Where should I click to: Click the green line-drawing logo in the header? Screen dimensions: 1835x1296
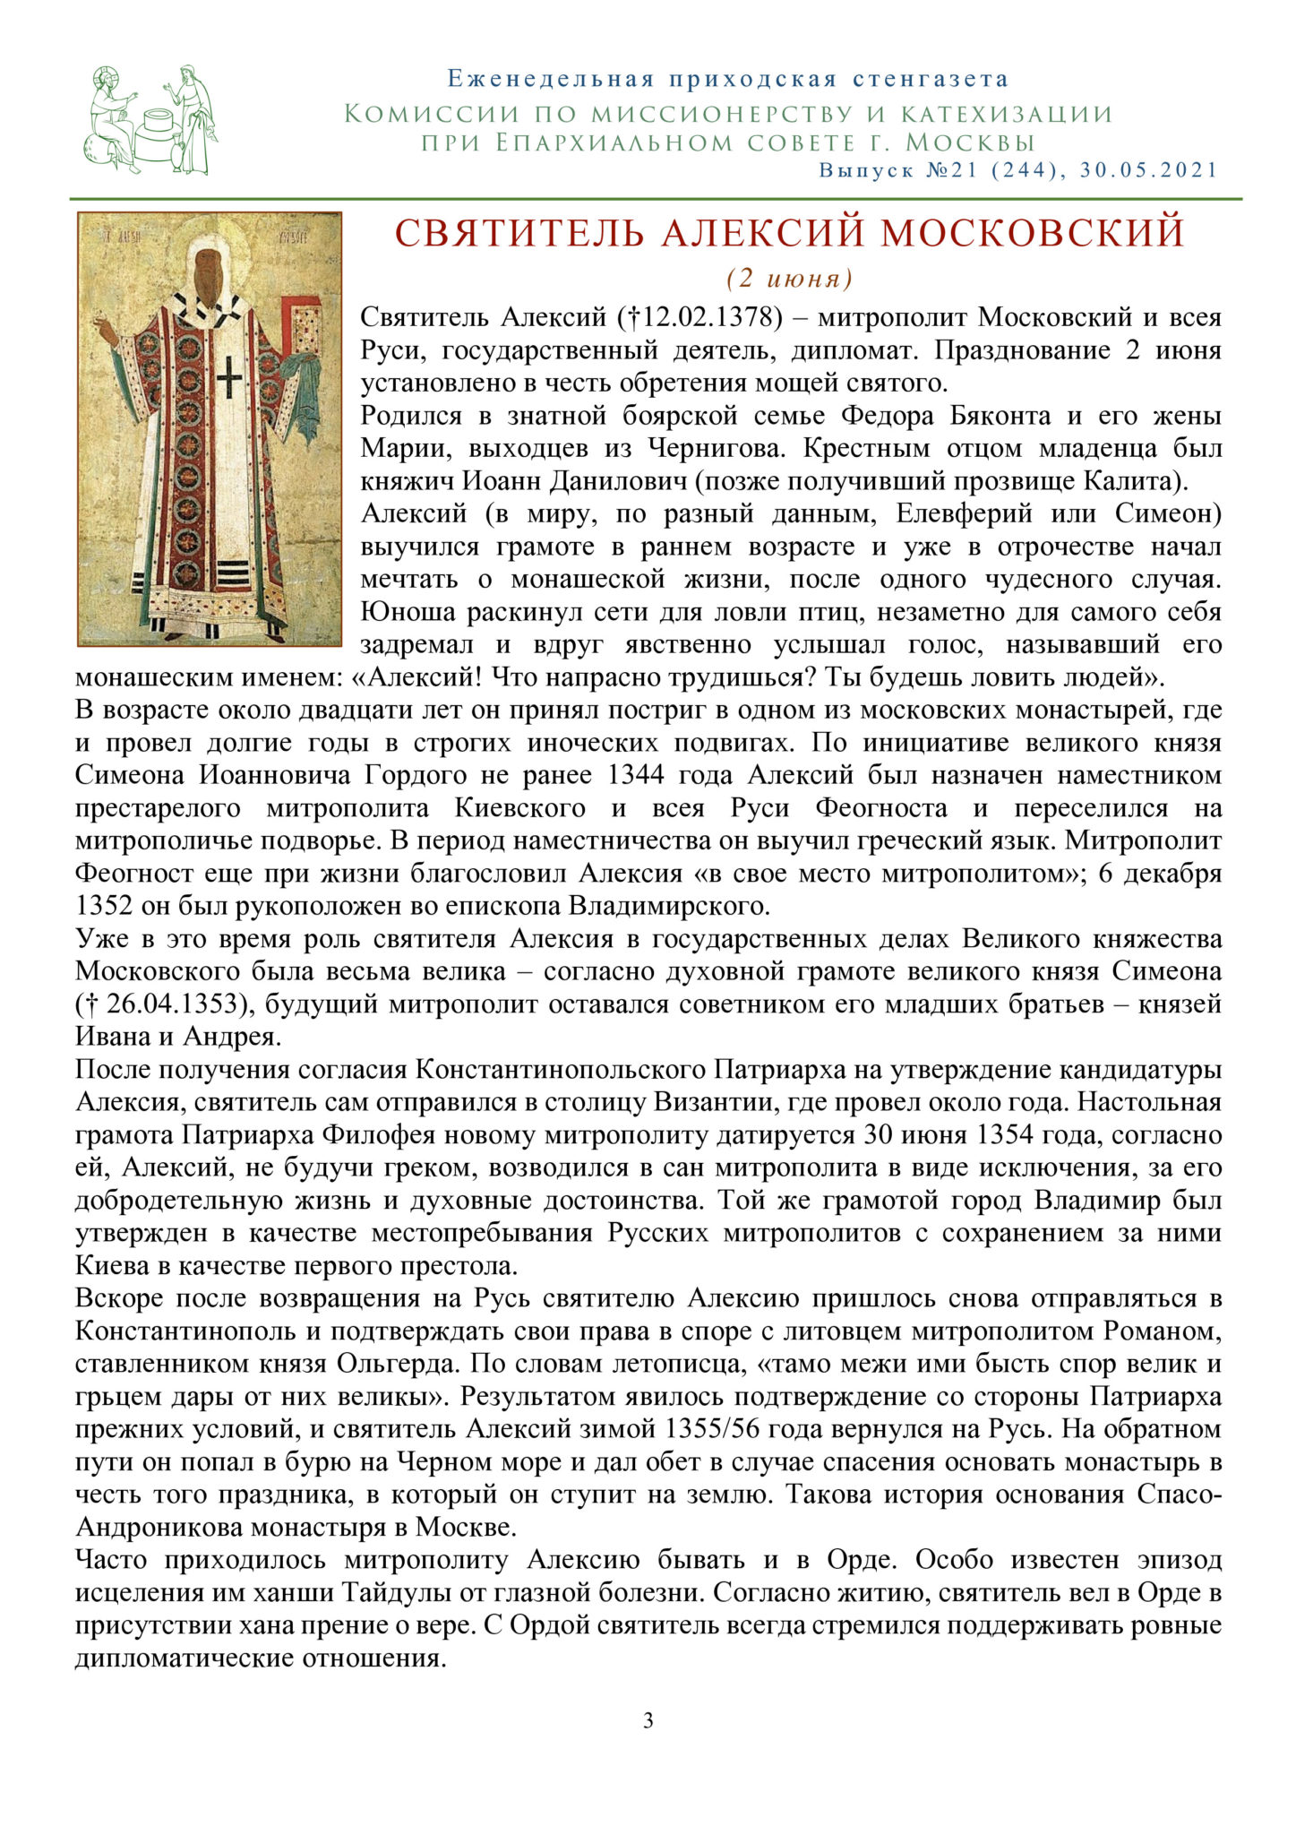tap(153, 120)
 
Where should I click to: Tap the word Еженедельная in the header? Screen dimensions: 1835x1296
tap(550, 80)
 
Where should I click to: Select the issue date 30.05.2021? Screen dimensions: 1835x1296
tap(1149, 170)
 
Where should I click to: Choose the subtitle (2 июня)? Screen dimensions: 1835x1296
tap(789, 279)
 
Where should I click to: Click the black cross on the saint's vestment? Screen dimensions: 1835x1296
tap(229, 377)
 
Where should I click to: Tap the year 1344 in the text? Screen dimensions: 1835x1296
tap(637, 775)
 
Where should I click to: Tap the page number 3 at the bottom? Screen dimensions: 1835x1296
tap(648, 1720)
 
